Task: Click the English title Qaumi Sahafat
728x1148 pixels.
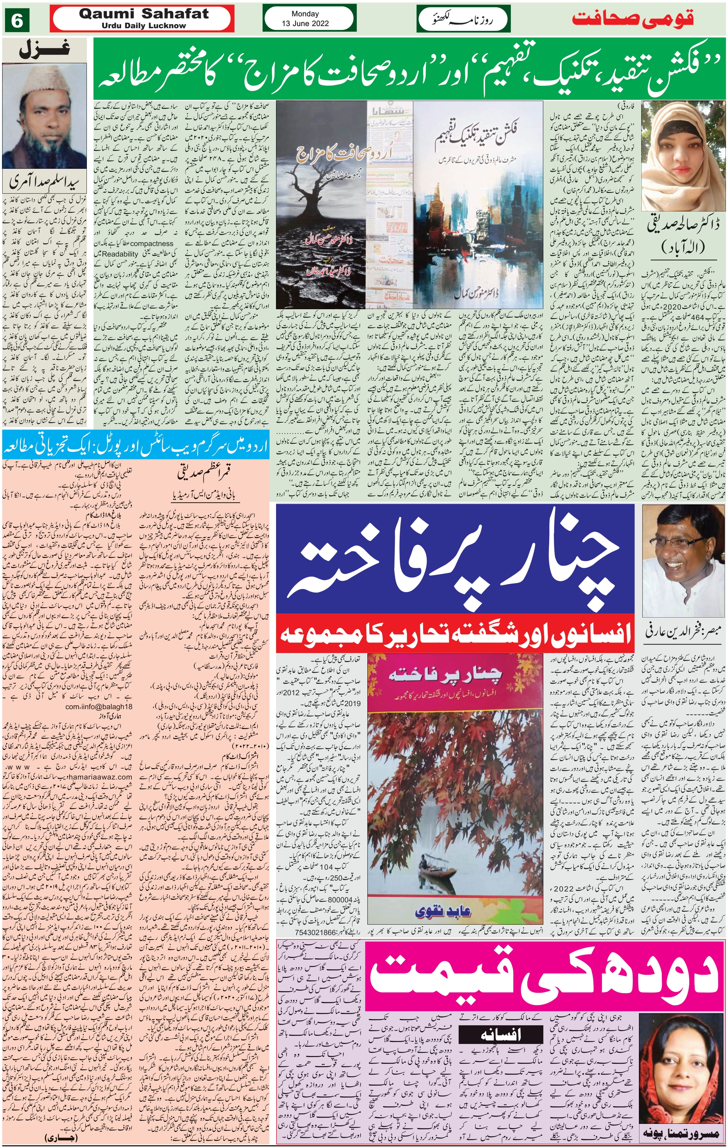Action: (x=143, y=14)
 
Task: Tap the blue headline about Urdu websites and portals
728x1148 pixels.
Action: (x=136, y=449)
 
